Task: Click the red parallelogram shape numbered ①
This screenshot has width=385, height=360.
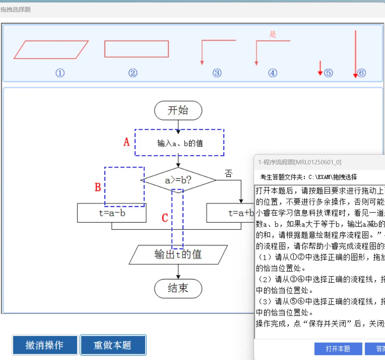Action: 51,50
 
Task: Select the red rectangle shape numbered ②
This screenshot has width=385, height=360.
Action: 136,49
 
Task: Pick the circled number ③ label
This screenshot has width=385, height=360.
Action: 217,73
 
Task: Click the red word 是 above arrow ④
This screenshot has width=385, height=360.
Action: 273,35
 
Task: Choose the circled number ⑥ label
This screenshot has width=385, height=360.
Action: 362,73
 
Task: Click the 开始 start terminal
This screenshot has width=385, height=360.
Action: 178,111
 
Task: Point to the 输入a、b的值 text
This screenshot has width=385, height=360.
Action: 180,143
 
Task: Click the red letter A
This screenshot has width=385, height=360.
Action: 127,142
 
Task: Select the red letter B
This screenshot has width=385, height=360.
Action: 98,187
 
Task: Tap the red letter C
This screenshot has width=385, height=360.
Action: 164,218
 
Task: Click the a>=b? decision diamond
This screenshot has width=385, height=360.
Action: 178,180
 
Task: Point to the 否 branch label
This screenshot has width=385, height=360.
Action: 229,174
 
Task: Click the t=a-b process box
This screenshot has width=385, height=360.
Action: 112,213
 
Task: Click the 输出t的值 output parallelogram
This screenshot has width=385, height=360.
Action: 178,254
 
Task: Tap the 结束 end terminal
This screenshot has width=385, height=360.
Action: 178,288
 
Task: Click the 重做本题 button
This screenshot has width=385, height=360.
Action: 113,345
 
